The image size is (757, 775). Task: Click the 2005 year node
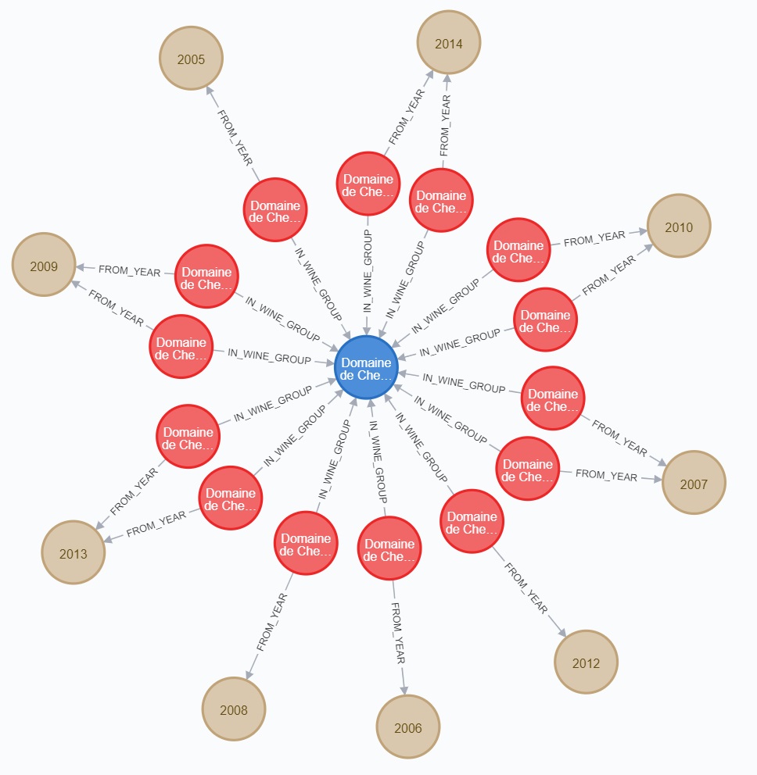191,59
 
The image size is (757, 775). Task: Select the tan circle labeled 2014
448,43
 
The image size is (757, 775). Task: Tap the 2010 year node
678,227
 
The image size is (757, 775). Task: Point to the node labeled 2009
44,265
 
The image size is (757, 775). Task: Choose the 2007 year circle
694,483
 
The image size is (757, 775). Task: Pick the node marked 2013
74,553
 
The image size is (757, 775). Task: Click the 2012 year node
586,662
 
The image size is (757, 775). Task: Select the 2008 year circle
234,709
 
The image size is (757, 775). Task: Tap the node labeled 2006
407,727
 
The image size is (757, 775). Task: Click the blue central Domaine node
366,368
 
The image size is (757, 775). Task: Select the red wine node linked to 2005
274,211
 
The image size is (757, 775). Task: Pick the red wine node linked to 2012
472,522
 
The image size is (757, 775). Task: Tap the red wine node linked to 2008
306,543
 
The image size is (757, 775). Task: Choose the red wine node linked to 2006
389,549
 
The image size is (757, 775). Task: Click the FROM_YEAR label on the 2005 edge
234,137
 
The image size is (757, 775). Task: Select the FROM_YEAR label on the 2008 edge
271,623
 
